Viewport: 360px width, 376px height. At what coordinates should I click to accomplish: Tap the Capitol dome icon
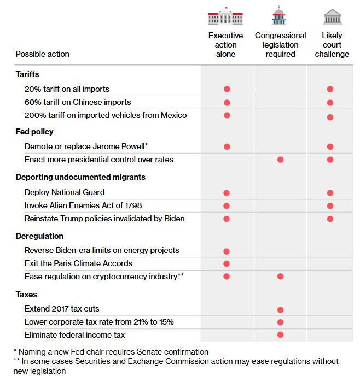pyautogui.click(x=279, y=16)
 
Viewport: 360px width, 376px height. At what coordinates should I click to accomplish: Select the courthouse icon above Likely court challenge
pyautogui.click(x=332, y=16)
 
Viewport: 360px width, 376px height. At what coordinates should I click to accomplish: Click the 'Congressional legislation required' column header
pyautogui.click(x=280, y=45)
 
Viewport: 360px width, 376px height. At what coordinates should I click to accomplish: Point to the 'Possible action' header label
pyautogui.click(x=42, y=54)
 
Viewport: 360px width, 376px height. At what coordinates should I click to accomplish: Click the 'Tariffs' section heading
pyautogui.click(x=27, y=74)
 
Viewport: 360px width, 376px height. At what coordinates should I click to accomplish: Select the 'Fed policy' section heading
pyautogui.click(x=34, y=132)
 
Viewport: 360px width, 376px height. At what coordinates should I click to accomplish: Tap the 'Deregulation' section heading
pyautogui.click(x=39, y=236)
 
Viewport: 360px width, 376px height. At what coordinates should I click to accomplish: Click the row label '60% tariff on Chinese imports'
pyautogui.click(x=78, y=102)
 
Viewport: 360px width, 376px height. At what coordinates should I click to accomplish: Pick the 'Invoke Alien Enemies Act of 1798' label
pyautogui.click(x=84, y=205)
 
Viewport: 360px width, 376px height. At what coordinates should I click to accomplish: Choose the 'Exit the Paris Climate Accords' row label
pyautogui.click(x=78, y=263)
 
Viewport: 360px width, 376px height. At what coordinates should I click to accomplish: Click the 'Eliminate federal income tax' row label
pyautogui.click(x=74, y=334)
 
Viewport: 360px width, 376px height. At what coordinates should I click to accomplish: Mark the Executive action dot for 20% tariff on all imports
pyautogui.click(x=227, y=89)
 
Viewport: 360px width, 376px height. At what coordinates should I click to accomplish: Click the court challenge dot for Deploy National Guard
pyautogui.click(x=330, y=193)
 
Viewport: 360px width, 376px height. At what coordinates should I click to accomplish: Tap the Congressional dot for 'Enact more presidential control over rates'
pyautogui.click(x=280, y=160)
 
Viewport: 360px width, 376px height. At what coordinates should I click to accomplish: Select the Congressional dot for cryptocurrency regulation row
pyautogui.click(x=280, y=277)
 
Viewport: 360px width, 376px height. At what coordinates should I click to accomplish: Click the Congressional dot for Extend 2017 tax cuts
pyautogui.click(x=280, y=310)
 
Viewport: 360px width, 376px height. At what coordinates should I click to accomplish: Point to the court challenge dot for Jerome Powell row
pyautogui.click(x=330, y=146)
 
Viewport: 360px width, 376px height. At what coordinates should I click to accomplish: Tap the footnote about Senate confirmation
pyautogui.click(x=111, y=352)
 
